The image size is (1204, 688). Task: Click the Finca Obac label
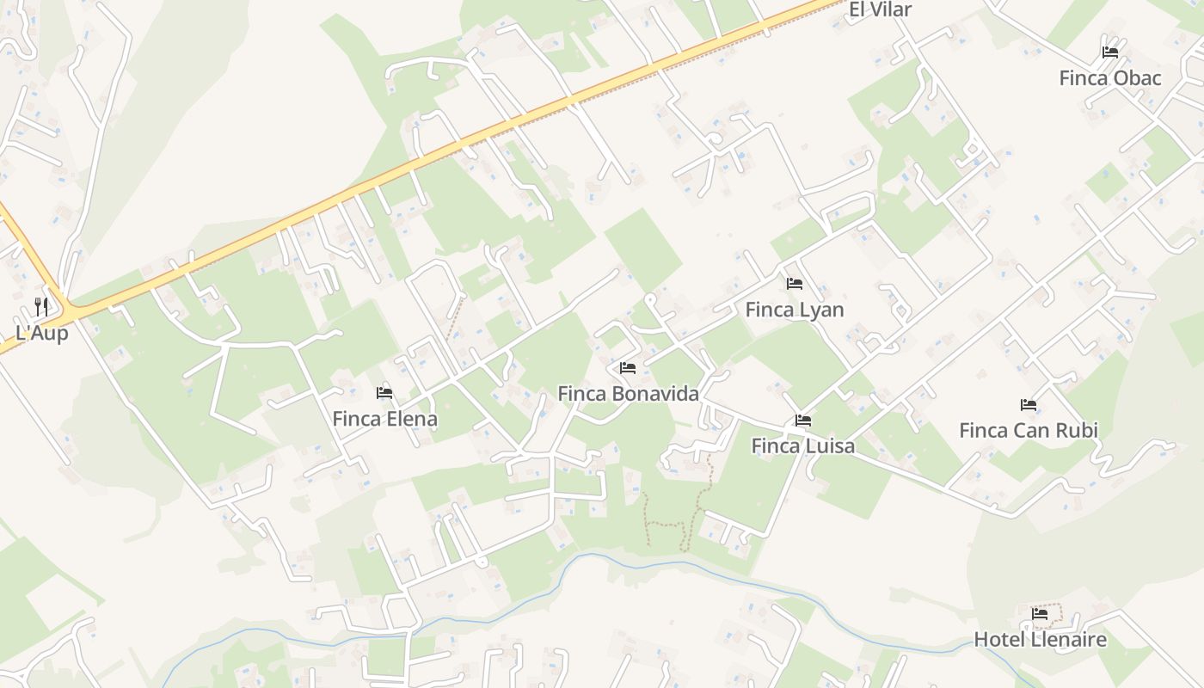[1109, 78]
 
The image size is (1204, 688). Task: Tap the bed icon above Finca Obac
[1109, 52]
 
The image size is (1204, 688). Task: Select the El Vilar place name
[880, 9]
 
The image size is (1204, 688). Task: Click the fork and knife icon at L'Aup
[40, 306]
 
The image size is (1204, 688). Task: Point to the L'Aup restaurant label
[41, 333]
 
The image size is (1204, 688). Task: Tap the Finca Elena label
[384, 419]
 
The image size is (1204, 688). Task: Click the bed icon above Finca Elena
[384, 393]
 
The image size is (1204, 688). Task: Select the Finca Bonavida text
[628, 394]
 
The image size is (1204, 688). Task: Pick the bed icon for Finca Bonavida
[628, 368]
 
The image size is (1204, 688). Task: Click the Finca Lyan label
[794, 310]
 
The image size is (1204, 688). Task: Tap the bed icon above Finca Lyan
[794, 283]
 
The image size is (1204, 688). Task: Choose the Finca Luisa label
[802, 445]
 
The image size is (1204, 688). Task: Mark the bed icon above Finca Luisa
[802, 421]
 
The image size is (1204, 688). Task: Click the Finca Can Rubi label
[1028, 430]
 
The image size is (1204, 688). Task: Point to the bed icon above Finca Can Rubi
[1028, 404]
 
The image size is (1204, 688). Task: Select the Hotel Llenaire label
[1040, 640]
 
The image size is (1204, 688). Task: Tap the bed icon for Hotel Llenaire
[1040, 614]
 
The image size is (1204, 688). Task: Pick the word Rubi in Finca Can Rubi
[1078, 430]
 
